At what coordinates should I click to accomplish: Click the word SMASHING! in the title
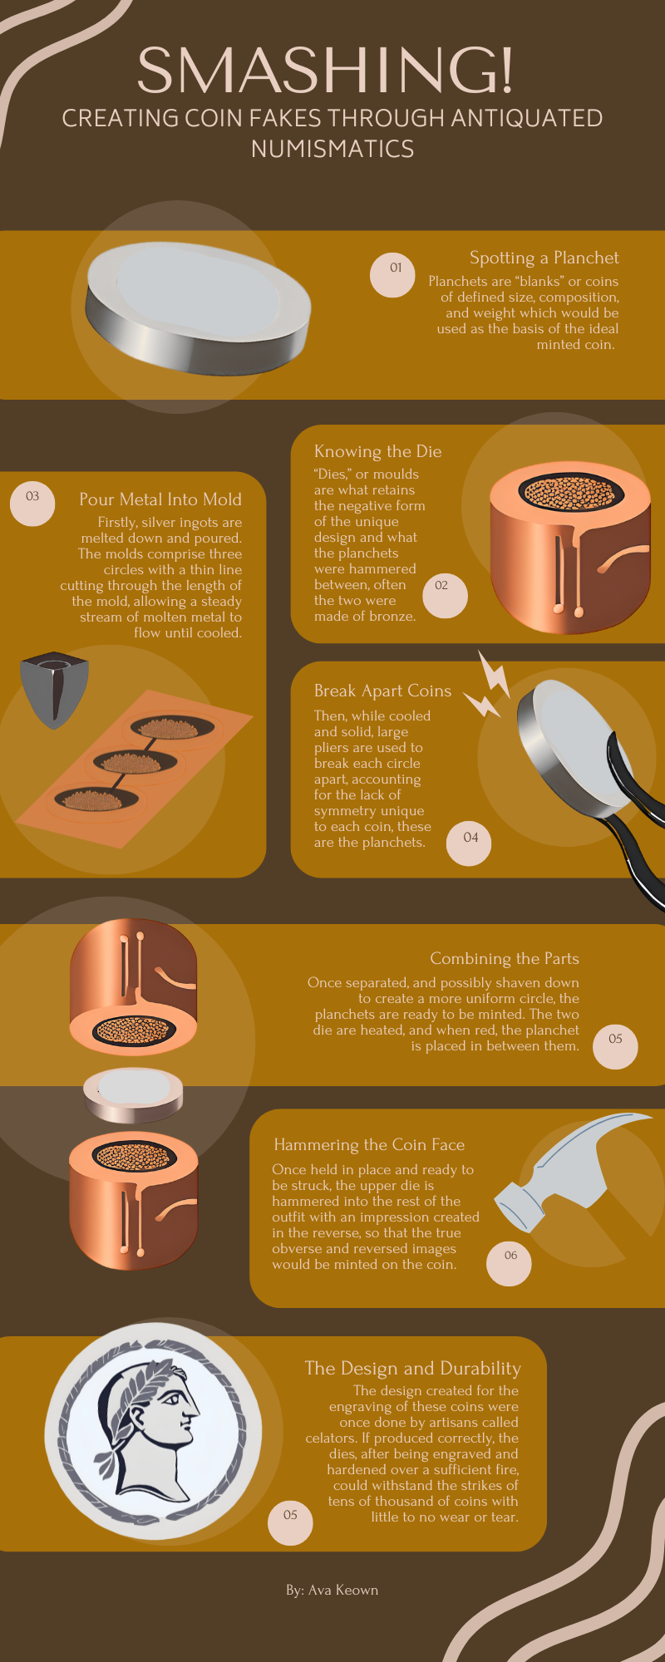[326, 71]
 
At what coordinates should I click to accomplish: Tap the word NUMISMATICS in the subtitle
[332, 149]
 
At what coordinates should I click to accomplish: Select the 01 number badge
[392, 274]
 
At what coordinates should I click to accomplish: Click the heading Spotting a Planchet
[544, 258]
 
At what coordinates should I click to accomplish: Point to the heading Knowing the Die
[378, 451]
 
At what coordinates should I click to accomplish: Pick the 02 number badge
[446, 596]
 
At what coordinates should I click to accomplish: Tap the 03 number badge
[32, 503]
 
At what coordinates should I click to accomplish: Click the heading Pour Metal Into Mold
[160, 499]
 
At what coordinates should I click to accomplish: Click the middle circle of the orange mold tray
[135, 760]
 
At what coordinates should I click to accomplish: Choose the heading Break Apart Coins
[382, 691]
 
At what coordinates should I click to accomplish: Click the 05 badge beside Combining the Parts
[615, 1045]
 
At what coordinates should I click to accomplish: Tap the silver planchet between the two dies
[133, 1095]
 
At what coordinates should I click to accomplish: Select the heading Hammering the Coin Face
[369, 1145]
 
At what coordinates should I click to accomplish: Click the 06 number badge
[508, 1262]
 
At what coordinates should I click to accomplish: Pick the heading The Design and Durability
[413, 1369]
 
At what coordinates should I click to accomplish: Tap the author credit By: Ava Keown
[332, 1590]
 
